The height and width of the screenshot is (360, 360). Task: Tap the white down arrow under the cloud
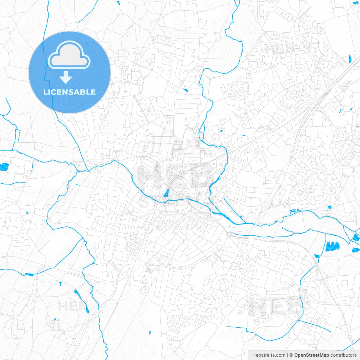[66, 77]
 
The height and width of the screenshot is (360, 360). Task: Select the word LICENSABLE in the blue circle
[69, 92]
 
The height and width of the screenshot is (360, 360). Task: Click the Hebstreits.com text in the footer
[269, 355]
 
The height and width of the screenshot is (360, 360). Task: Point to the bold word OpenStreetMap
[311, 355]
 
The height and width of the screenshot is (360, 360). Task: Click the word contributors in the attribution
[343, 355]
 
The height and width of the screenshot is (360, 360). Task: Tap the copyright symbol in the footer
[291, 355]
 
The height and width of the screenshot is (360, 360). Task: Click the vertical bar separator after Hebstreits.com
[287, 355]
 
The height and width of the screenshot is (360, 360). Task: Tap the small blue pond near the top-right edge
[350, 58]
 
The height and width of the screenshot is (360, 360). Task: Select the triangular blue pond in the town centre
[166, 193]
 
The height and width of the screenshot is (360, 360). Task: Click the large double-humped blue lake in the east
[332, 246]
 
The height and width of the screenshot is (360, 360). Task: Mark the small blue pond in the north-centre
[186, 90]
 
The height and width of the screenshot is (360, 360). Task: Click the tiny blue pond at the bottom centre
[150, 332]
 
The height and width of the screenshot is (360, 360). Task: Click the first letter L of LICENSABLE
[45, 92]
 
